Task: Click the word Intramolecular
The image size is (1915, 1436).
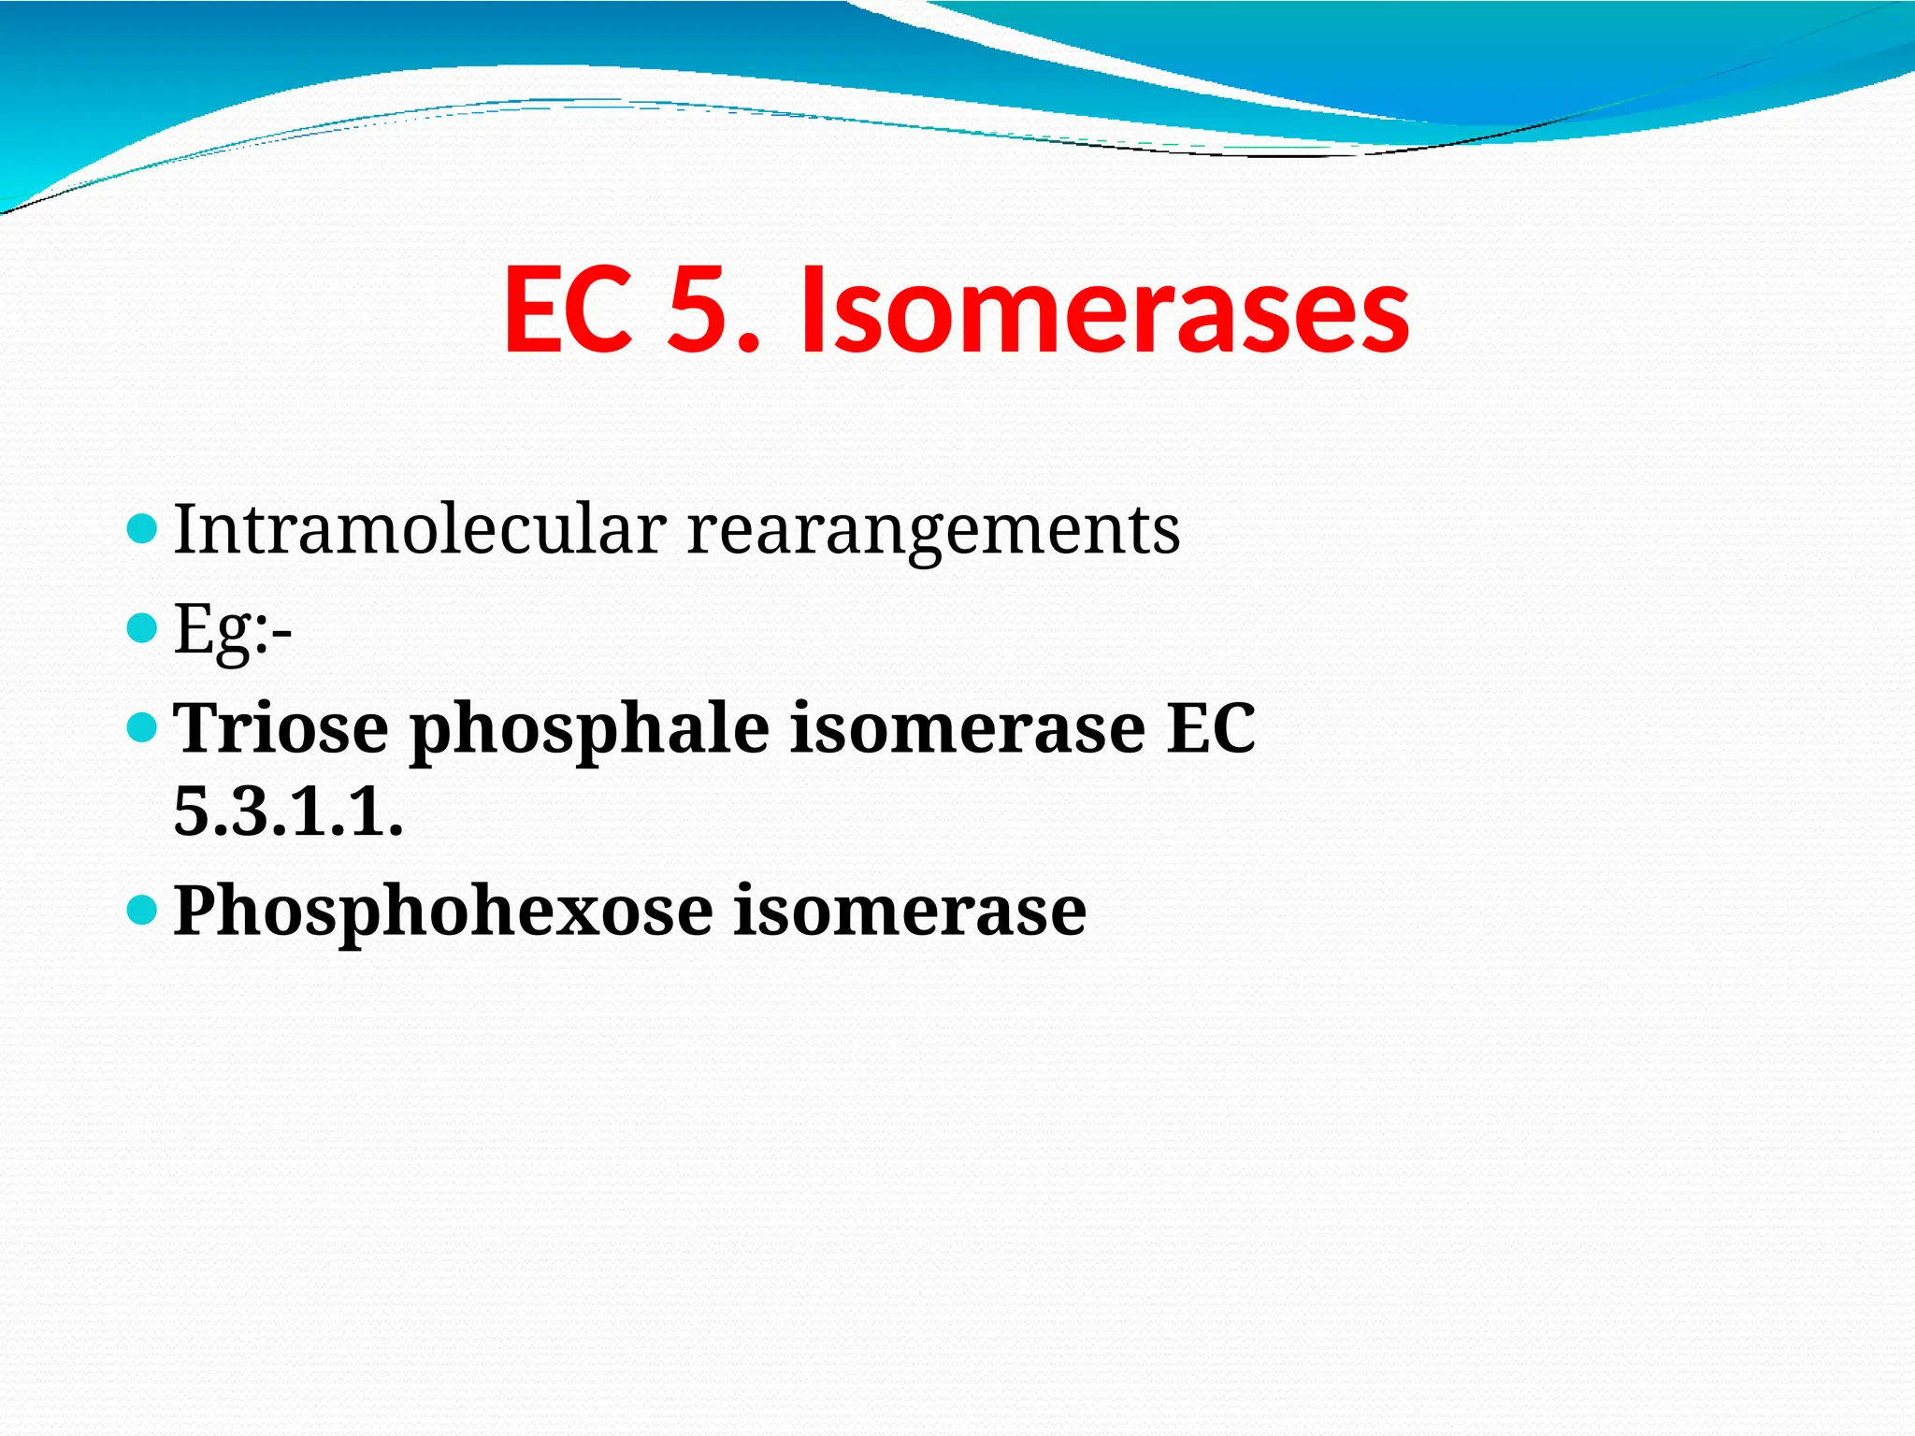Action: click(x=420, y=529)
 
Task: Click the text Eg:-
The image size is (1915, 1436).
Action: click(x=233, y=629)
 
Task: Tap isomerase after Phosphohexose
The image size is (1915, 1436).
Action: click(x=910, y=910)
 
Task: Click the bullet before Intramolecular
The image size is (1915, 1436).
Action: click(x=141, y=529)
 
